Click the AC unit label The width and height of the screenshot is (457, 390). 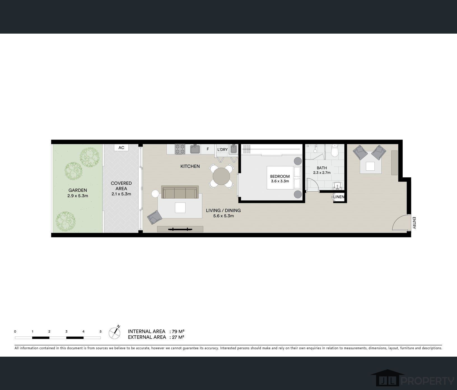point(121,148)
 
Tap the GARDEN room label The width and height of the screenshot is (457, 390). point(78,190)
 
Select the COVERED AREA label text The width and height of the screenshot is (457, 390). point(121,186)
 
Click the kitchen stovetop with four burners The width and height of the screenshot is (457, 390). point(180,149)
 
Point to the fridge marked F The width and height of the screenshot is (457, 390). point(208,149)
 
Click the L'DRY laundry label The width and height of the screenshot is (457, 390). point(223,150)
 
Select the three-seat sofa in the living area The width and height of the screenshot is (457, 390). point(180,192)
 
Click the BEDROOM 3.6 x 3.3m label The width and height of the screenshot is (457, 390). point(280,179)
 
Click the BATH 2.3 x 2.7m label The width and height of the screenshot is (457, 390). point(322,170)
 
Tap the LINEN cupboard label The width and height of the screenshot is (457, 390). point(339,197)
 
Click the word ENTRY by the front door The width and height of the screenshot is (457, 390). point(414,223)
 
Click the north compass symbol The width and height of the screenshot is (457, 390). point(115,332)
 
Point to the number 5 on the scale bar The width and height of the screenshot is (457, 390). point(101,331)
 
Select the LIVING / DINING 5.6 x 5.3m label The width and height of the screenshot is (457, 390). point(223,213)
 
